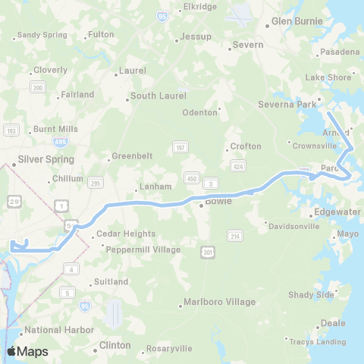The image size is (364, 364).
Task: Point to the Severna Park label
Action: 284,104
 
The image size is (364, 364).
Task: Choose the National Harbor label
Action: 59,330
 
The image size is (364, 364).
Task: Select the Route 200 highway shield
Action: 37,88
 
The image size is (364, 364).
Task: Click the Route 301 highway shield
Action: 208,251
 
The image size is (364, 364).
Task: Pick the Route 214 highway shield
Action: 236,236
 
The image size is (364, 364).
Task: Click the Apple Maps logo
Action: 27,351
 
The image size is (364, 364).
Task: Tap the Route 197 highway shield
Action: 180,147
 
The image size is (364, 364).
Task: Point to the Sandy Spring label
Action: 42,35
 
